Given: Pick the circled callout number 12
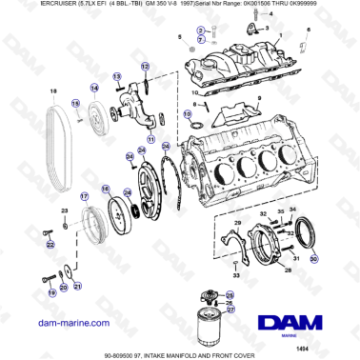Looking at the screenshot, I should click(x=145, y=66).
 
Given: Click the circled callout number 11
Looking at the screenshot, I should click(x=149, y=138).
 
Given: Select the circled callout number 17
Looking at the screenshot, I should click(x=84, y=197).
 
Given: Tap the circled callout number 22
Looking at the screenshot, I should click(x=50, y=245).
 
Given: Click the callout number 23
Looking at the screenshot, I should click(x=64, y=210).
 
